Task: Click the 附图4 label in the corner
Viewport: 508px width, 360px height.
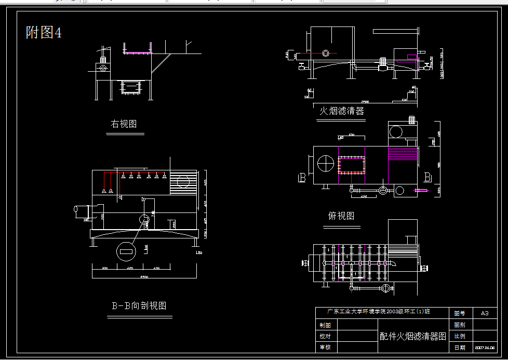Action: coord(44,33)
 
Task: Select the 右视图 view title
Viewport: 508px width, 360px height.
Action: coord(124,124)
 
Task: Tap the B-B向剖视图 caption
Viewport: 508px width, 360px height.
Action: coord(139,305)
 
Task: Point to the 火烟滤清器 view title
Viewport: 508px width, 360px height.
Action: coord(341,111)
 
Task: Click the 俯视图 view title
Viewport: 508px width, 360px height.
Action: coord(341,216)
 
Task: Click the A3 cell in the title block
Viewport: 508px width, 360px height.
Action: coord(485,313)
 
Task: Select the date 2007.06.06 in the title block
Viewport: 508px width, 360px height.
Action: coord(485,348)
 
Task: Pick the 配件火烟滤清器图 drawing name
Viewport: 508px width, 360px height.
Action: coord(413,336)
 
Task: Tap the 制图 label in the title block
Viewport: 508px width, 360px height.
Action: coord(325,325)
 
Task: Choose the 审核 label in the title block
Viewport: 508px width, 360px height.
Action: coord(325,347)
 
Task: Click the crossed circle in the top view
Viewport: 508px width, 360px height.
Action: coord(326,164)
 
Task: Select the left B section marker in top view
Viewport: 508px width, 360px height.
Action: coord(302,178)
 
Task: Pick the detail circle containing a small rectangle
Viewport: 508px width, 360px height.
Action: coord(126,251)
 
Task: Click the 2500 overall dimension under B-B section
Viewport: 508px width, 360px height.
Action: coord(144,277)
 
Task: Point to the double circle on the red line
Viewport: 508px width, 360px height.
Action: coord(326,53)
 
